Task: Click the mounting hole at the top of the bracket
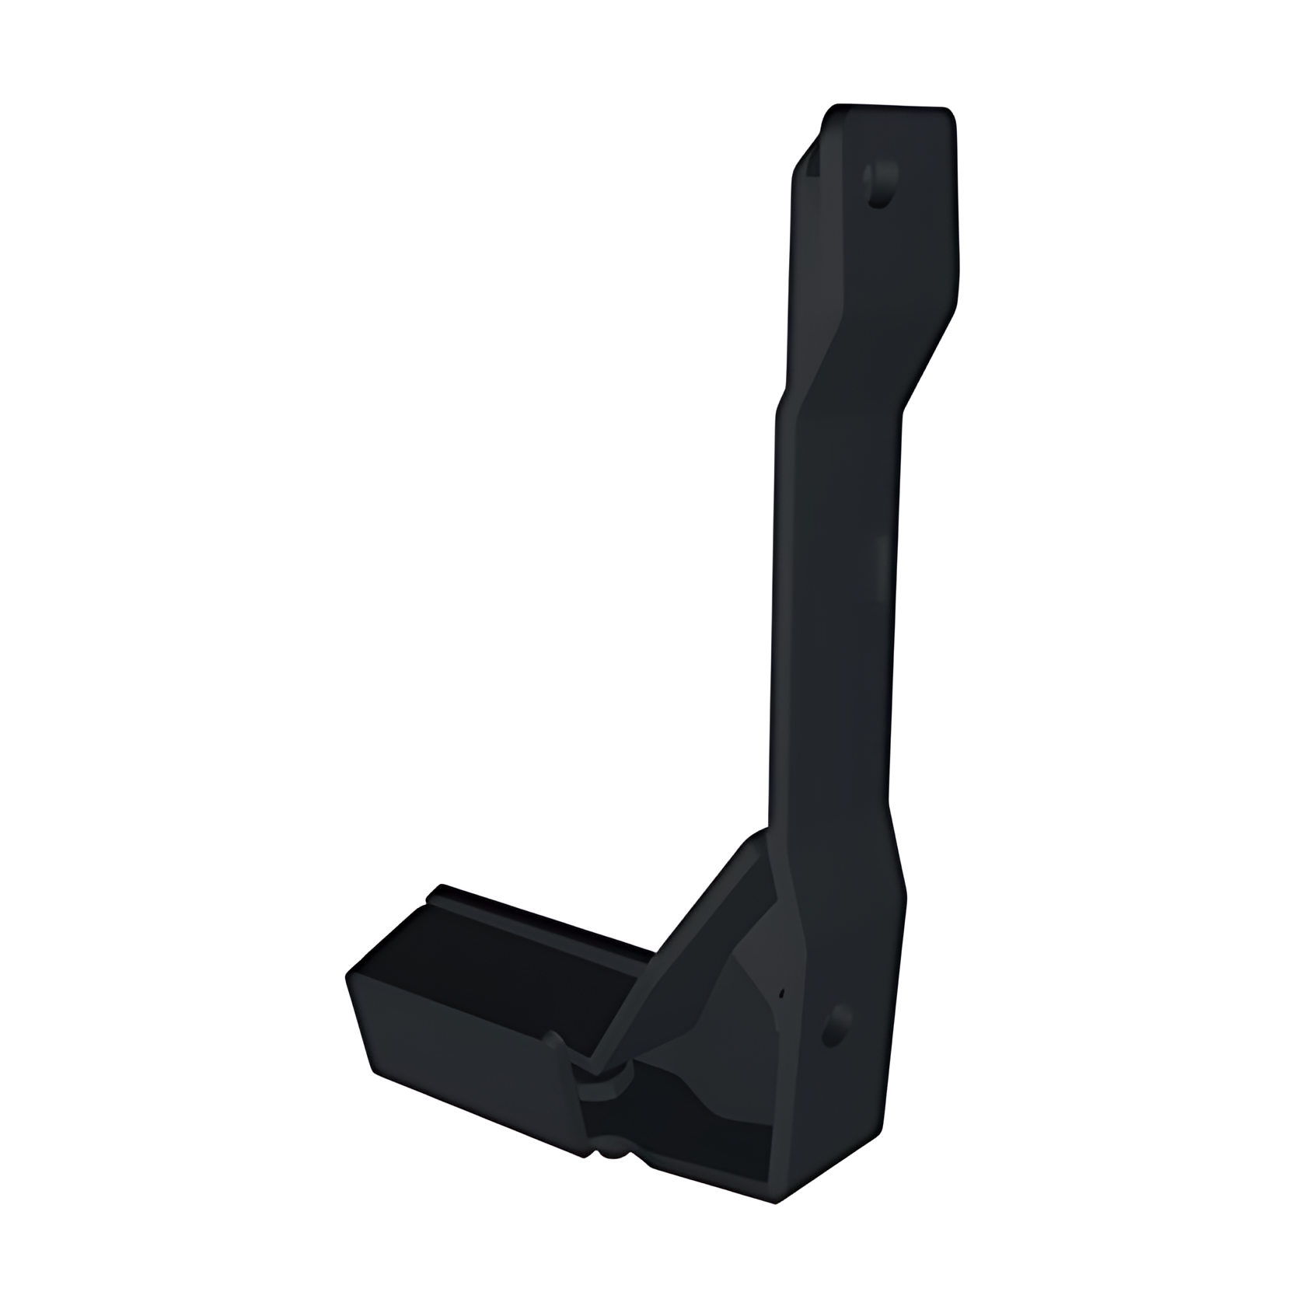[882, 185]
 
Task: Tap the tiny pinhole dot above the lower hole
[782, 993]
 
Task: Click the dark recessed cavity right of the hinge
[715, 1119]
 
